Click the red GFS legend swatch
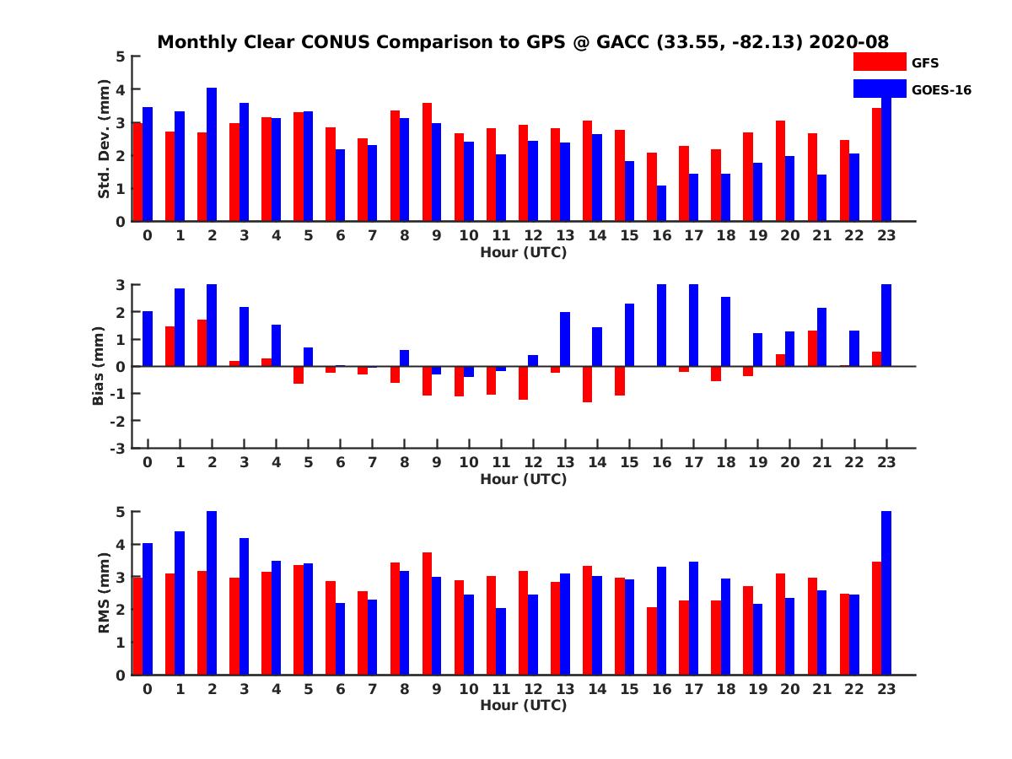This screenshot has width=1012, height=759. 880,62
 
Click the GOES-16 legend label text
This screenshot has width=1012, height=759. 941,89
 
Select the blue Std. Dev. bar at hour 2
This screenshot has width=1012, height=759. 212,154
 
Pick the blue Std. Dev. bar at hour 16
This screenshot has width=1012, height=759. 661,203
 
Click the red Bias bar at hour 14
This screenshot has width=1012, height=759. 587,384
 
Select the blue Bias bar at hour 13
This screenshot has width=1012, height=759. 565,339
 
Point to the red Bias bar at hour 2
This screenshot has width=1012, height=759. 202,342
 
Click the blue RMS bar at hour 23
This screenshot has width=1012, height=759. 886,593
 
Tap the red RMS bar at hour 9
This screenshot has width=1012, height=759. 427,613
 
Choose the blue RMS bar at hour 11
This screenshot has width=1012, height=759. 501,641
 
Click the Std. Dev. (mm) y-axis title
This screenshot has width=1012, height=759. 104,139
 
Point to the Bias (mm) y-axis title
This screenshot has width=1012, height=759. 99,366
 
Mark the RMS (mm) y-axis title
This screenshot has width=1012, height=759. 104,593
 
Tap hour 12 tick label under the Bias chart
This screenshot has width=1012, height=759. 533,461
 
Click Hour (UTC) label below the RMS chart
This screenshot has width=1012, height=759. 523,705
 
